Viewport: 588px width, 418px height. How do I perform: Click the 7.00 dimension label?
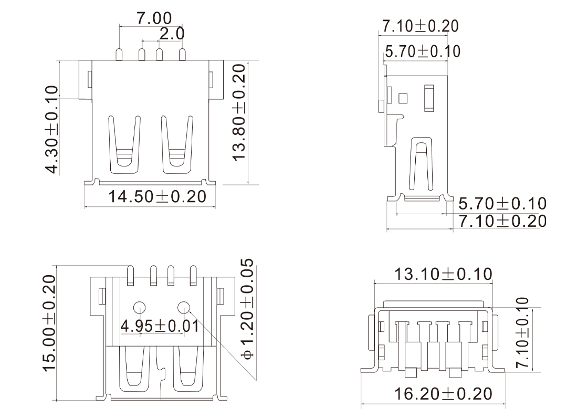click(154, 18)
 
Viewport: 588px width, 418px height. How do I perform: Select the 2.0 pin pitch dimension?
click(172, 34)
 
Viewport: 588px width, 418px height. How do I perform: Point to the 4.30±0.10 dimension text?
click(51, 130)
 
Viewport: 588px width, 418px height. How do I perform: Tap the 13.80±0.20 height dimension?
click(239, 112)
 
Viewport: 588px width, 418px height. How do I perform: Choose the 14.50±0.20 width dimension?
click(157, 196)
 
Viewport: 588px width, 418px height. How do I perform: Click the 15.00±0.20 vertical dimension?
click(49, 323)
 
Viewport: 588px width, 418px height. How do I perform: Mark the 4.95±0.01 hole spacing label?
click(160, 326)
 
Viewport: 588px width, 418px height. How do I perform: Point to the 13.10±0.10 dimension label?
click(443, 274)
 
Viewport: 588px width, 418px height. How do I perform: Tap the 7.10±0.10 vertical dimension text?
click(522, 332)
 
